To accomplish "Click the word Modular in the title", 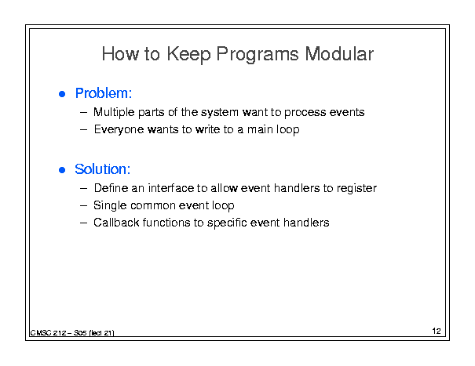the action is (339, 54).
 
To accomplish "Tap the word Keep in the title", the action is (188, 55).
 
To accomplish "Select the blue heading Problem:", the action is (104, 93).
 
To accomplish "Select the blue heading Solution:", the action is (103, 169).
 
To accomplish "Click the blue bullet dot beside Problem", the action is (62, 94).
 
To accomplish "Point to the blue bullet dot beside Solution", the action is (62, 170).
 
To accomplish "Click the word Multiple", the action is (114, 113).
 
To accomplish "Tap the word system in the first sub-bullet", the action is (220, 113).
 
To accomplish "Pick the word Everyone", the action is (119, 130).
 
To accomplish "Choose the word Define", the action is (111, 188).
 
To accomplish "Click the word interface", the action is (171, 188).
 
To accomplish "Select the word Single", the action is (110, 205).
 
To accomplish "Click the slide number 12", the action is (437, 331).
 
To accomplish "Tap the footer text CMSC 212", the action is (48, 333).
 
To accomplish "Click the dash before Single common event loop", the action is (83, 206).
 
